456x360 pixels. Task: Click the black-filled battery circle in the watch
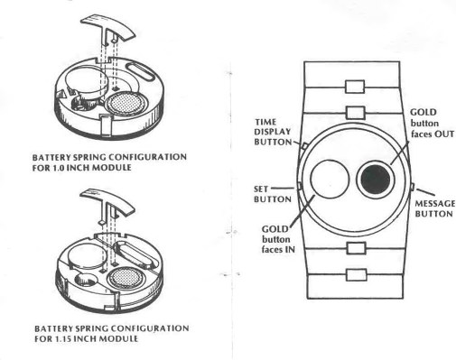(x=376, y=180)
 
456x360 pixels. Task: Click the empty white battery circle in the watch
(x=330, y=179)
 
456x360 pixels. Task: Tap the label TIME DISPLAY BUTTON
(x=273, y=132)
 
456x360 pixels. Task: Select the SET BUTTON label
(x=272, y=194)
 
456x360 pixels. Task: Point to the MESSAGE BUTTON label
(x=434, y=208)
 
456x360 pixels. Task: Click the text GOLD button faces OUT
(x=433, y=123)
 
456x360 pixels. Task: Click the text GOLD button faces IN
(x=278, y=239)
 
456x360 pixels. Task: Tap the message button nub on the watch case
(x=413, y=187)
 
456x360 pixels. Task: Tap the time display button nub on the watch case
(x=304, y=146)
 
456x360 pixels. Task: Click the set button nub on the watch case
(x=300, y=187)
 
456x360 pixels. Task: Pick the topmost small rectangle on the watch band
(x=355, y=87)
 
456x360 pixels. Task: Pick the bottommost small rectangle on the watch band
(x=357, y=275)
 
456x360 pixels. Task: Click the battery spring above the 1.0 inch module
(x=107, y=28)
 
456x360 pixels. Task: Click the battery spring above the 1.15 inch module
(x=107, y=203)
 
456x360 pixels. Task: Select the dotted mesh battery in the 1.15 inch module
(x=126, y=278)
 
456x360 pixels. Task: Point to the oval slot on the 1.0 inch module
(x=141, y=71)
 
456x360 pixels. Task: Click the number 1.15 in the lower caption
(x=62, y=338)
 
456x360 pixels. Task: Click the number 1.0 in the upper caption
(x=59, y=167)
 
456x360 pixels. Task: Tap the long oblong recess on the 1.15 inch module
(x=135, y=254)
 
